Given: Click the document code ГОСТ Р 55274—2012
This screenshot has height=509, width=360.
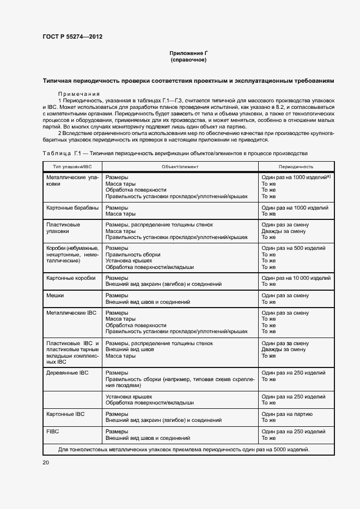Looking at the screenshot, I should coord(72,37).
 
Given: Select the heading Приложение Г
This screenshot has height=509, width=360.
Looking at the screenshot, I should coord(188,53).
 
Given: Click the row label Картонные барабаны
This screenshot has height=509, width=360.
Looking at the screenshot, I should coord(72,208).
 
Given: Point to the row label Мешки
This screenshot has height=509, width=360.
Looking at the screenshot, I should coord(55,295).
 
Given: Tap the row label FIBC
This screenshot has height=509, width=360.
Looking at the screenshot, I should coord(53,431).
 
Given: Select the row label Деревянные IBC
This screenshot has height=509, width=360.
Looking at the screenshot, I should coord(68,373).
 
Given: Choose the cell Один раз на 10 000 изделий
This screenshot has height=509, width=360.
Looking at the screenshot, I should coord(296,278).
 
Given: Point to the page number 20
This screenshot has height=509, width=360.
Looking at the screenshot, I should coord(46,462).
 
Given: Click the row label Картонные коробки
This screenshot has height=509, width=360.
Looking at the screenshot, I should coord(71,278).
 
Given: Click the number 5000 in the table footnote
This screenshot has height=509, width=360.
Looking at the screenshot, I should coord(279,450).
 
